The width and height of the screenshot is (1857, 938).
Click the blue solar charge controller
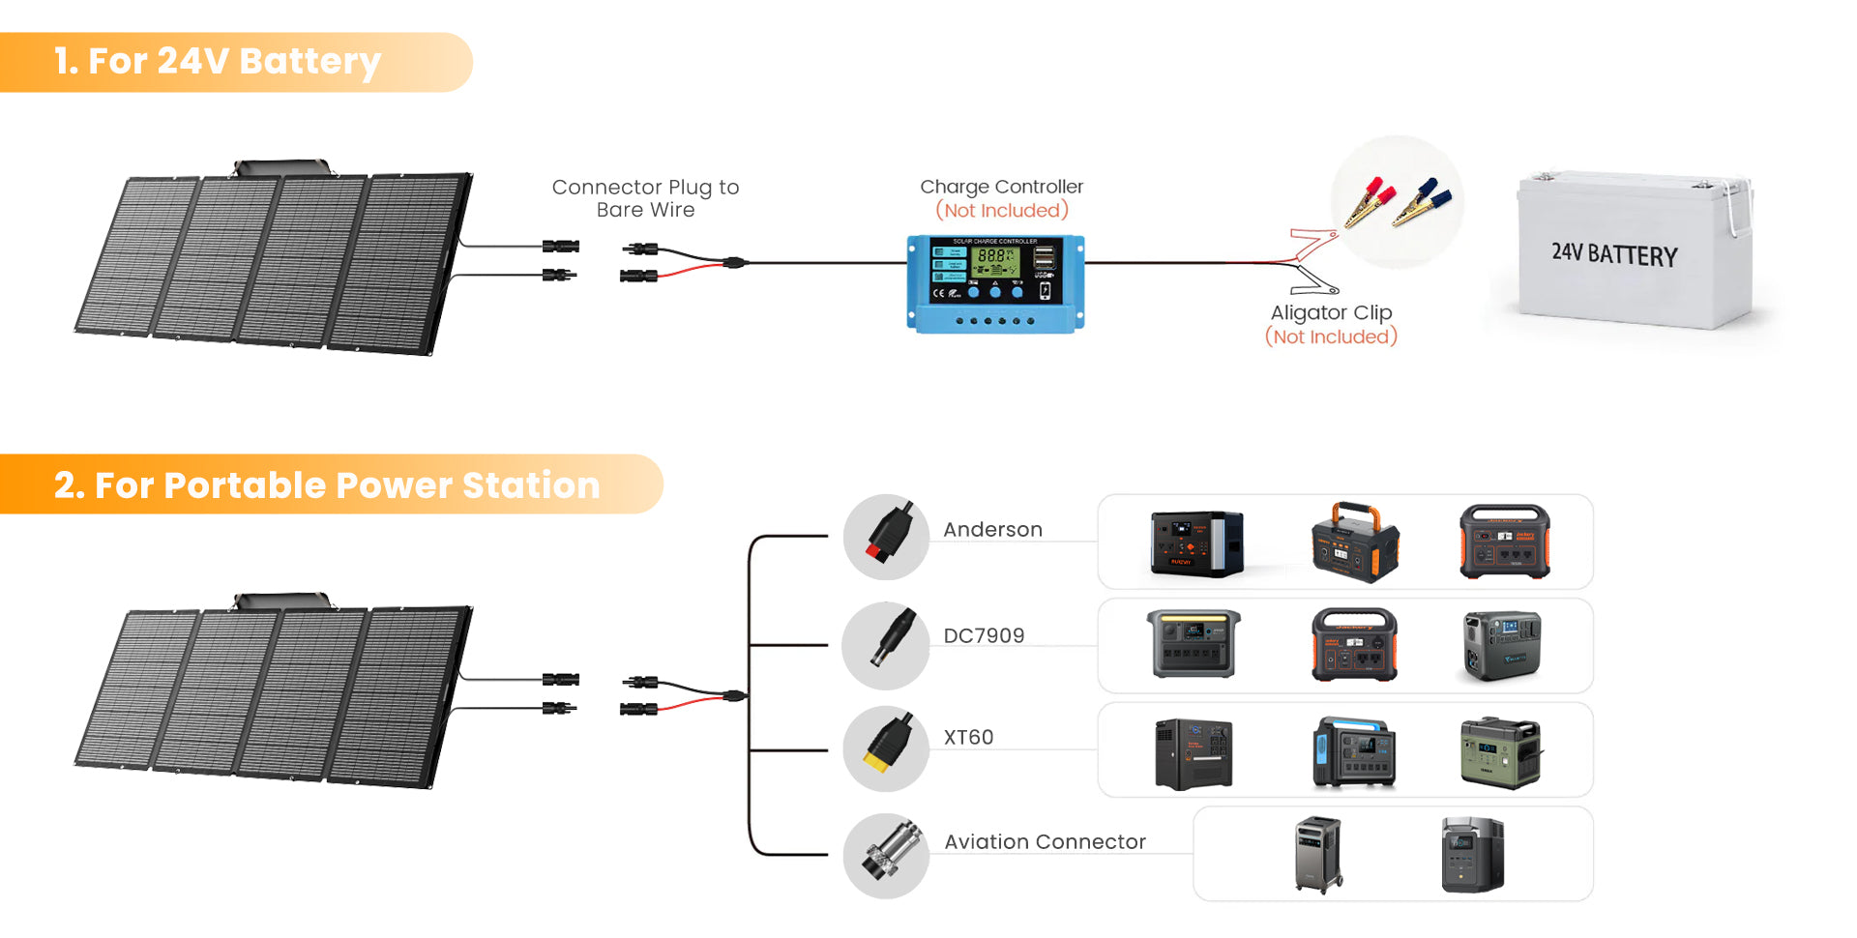point(995,283)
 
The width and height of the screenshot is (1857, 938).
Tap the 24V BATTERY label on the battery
point(1614,254)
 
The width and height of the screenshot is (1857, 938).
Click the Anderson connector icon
point(886,537)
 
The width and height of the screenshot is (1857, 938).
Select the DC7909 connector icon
point(886,645)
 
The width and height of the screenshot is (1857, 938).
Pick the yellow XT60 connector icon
point(886,748)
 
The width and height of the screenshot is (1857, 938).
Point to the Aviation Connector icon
point(886,855)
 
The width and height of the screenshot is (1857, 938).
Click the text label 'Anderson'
point(992,530)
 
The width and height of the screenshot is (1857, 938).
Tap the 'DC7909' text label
point(984,635)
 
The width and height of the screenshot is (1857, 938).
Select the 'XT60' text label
point(968,737)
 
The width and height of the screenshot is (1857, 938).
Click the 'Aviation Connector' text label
point(1045,841)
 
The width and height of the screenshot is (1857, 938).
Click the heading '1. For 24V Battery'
point(218,61)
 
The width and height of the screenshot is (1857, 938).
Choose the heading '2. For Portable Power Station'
point(327,484)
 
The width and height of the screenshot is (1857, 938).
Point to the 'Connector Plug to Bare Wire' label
point(645,198)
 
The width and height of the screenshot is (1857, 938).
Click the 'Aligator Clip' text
point(1331,312)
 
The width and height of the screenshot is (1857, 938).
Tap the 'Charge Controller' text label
point(1001,187)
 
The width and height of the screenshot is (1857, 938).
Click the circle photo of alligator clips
point(1397,202)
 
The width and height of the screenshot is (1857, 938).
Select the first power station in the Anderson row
point(1196,543)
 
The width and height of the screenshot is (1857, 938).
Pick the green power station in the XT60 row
point(1500,753)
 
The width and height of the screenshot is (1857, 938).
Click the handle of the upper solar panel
point(281,168)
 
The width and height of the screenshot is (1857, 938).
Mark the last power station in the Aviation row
point(1472,855)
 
